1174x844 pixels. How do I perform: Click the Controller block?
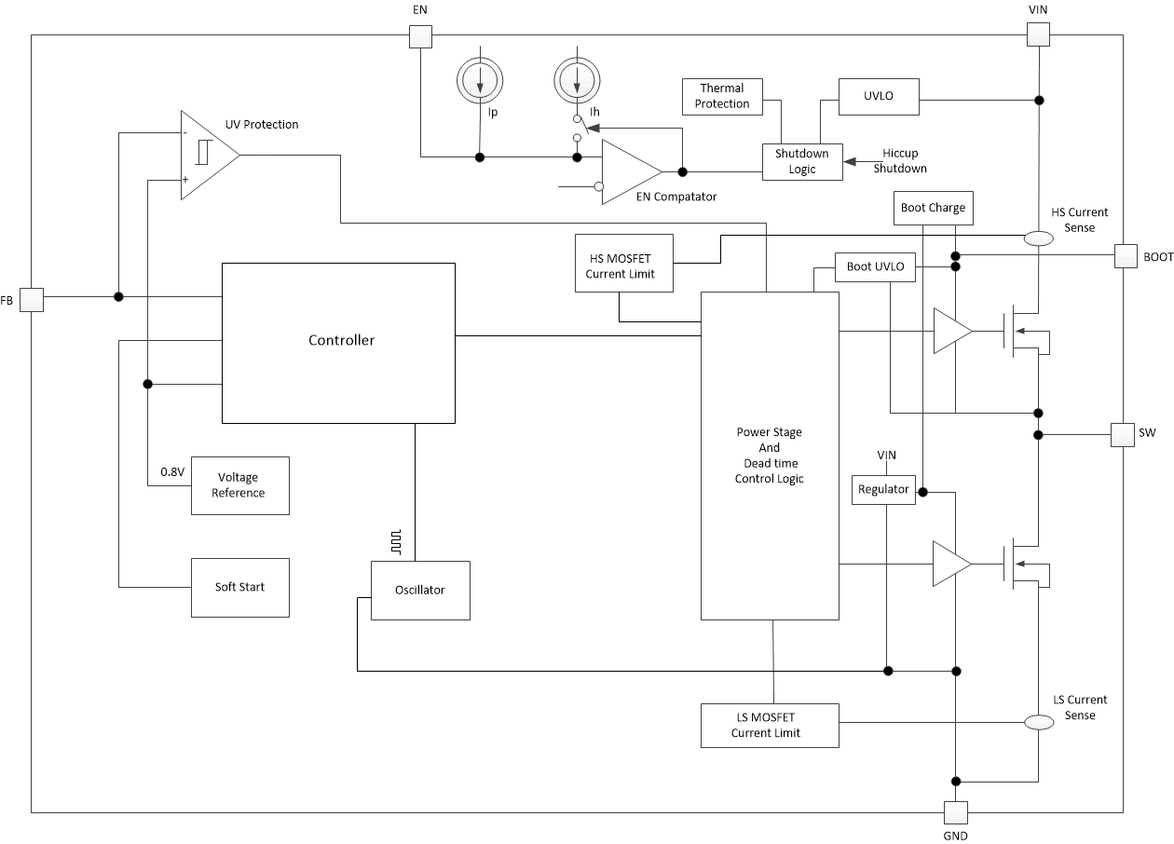click(x=338, y=342)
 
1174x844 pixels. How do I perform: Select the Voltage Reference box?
click(x=239, y=485)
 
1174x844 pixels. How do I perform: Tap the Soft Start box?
click(x=239, y=587)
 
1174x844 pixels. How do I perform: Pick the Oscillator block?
click(x=420, y=591)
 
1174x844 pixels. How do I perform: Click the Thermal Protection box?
click(x=722, y=96)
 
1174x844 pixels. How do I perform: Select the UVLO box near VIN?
click(x=879, y=96)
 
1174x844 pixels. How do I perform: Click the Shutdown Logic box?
click(x=802, y=161)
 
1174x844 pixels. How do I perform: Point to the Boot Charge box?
click(x=933, y=208)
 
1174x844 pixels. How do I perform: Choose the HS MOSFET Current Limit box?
click(x=623, y=265)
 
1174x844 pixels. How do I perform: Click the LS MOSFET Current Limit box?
click(x=770, y=725)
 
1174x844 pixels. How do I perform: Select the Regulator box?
click(x=883, y=489)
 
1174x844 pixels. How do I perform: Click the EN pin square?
click(x=420, y=35)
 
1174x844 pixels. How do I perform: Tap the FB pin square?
click(x=32, y=299)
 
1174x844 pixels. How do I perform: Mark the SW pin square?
click(x=1123, y=434)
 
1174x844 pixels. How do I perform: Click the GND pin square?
click(x=956, y=812)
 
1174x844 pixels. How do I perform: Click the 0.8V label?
click(x=172, y=472)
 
